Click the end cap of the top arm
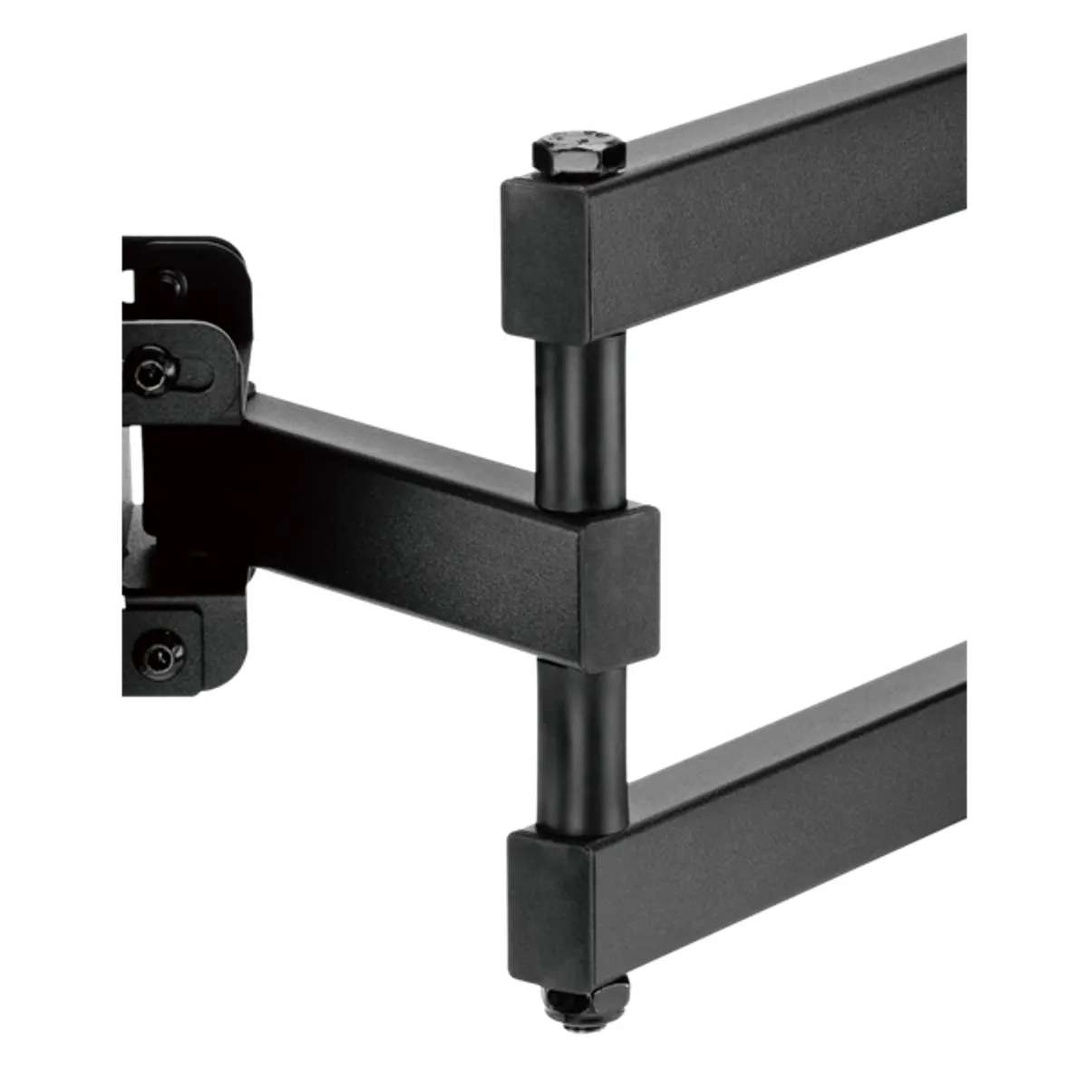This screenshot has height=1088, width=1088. coord(545,259)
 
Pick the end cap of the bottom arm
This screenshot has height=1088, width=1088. coord(549,899)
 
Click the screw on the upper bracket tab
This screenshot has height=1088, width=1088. coord(148,373)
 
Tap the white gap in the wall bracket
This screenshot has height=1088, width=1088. coord(132,476)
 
